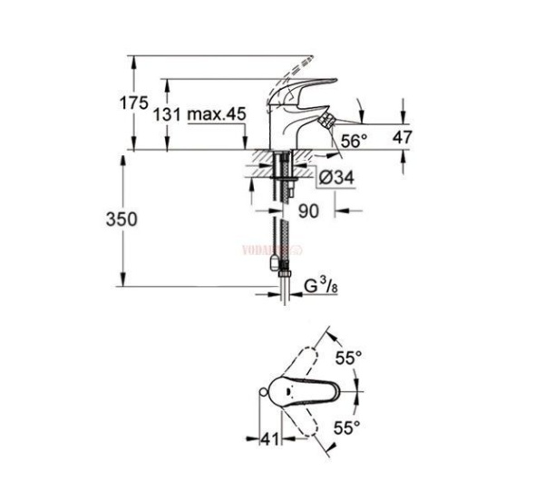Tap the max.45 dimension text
pyautogui.click(x=217, y=115)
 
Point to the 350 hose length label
pyautogui.click(x=121, y=219)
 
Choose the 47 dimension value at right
pyautogui.click(x=402, y=136)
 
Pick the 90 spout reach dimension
pyautogui.click(x=308, y=211)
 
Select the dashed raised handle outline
pyautogui.click(x=300, y=68)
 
